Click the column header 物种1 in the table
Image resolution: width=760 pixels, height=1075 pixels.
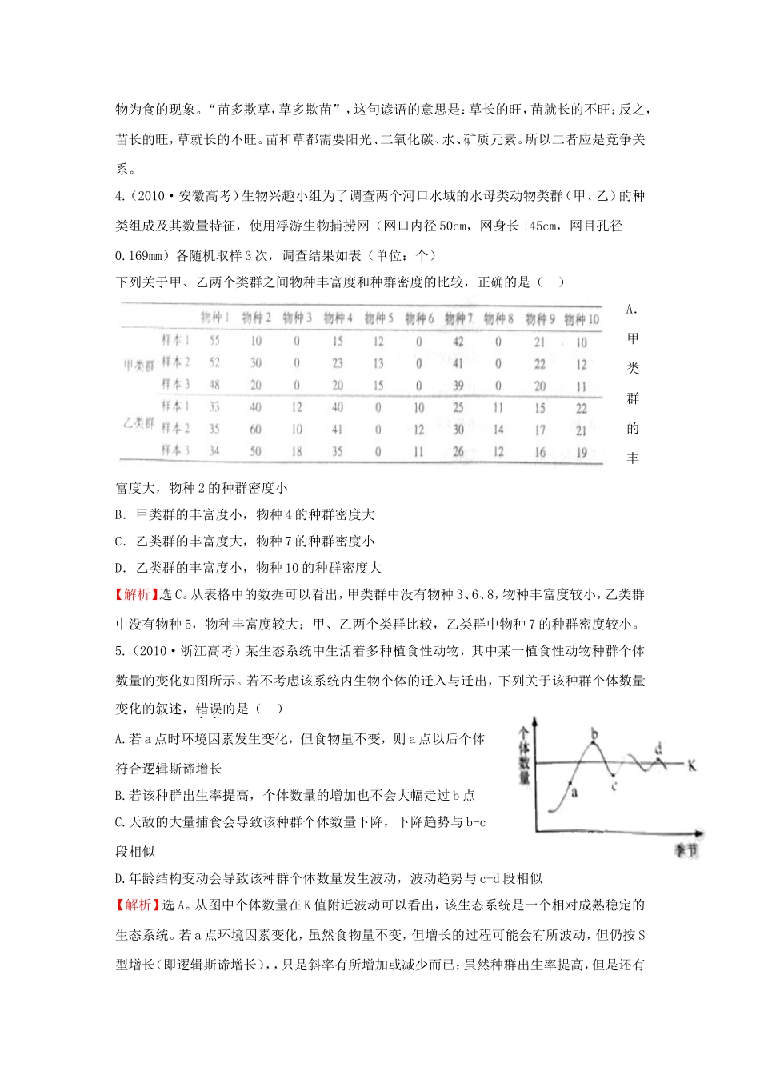[x=214, y=318]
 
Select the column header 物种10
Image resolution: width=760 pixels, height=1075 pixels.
[x=581, y=319]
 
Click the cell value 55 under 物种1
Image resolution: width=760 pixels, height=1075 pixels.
[x=214, y=341]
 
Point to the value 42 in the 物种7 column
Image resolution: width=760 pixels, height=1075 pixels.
[x=457, y=342]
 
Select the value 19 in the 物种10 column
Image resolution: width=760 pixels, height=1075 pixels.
[x=581, y=453]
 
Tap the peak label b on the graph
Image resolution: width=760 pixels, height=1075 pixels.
[x=594, y=732]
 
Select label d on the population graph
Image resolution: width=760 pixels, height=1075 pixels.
[x=658, y=749]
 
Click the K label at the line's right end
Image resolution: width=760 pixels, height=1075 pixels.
[x=692, y=765]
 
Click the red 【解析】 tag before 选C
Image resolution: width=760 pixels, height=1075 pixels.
[x=138, y=594]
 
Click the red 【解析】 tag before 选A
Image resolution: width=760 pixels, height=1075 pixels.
[x=138, y=905]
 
